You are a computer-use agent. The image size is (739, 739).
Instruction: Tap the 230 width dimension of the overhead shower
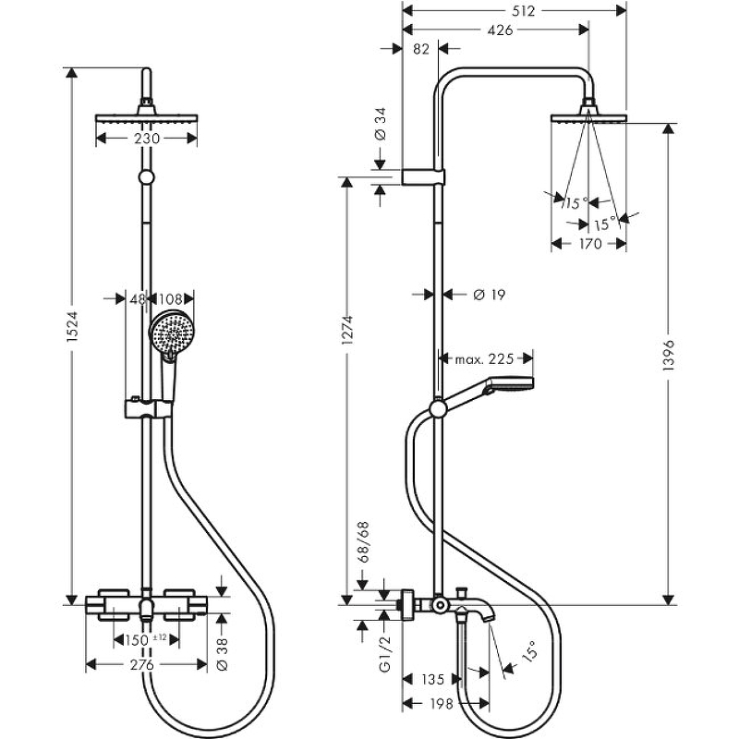147,139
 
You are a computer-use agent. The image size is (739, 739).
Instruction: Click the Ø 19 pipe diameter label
487,295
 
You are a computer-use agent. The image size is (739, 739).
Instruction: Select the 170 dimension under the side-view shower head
590,244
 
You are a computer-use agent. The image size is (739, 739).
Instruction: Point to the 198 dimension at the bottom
442,704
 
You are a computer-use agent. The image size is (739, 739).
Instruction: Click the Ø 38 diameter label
222,653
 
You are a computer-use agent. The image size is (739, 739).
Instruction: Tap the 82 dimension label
421,49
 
